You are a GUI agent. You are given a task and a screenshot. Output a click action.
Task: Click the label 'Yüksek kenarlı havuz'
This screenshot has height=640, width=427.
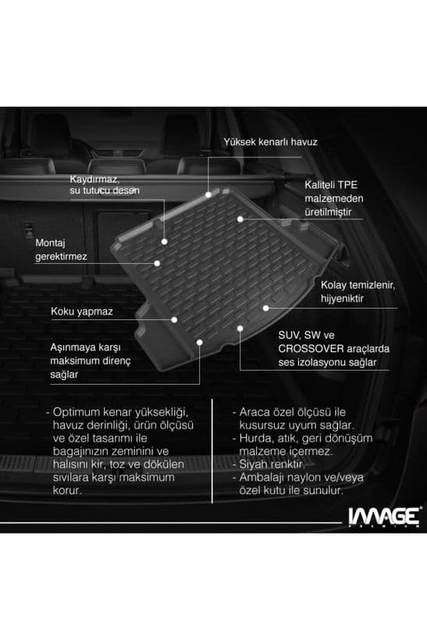[x=270, y=143]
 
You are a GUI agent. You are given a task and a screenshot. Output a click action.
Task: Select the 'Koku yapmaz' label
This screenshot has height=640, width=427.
[x=82, y=311]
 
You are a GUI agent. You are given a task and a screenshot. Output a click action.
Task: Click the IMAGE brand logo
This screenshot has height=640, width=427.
[x=383, y=516]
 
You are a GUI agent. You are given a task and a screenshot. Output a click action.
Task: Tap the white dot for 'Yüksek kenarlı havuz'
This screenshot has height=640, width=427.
[x=208, y=193]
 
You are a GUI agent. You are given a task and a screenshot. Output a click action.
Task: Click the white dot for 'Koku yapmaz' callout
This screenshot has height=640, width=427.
[x=174, y=318]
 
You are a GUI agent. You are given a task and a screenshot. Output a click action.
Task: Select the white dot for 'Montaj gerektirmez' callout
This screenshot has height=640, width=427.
[x=157, y=263]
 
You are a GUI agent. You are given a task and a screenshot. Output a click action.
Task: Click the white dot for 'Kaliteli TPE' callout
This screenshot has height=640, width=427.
[x=241, y=219]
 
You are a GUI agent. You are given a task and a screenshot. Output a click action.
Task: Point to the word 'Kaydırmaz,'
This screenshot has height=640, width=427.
[x=93, y=179]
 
